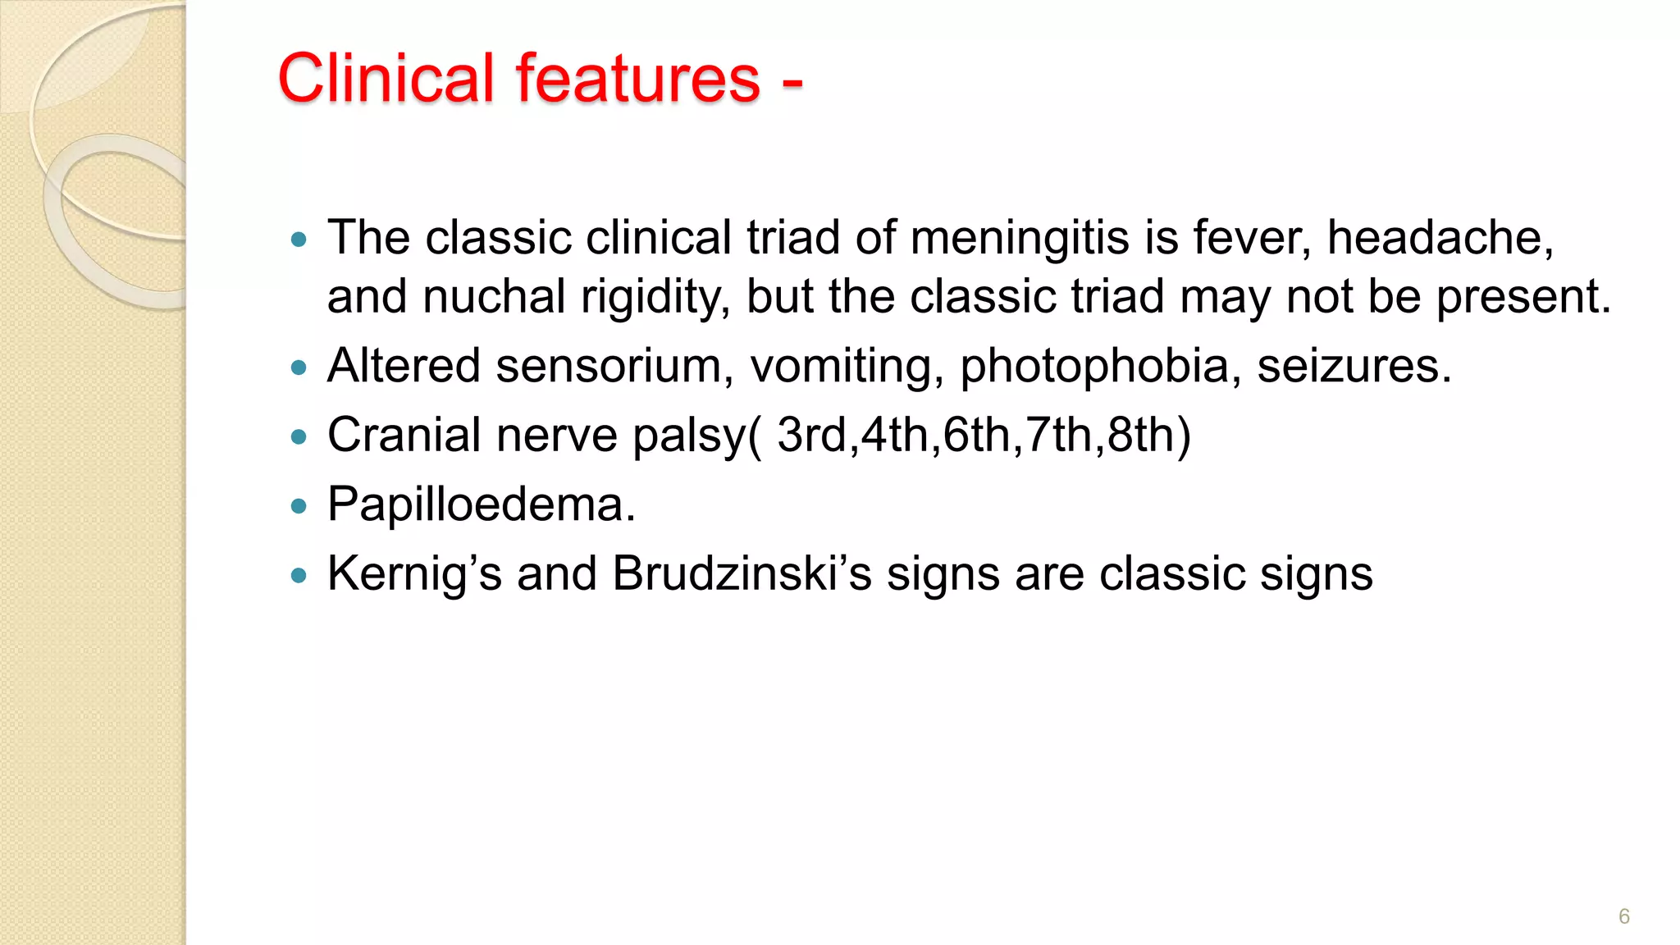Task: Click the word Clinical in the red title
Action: point(386,78)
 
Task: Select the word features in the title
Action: point(637,78)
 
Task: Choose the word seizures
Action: point(1354,366)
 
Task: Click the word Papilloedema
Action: point(481,504)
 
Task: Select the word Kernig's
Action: point(414,573)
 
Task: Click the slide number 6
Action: point(1623,916)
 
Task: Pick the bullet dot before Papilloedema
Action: point(299,506)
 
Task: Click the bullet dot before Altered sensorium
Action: point(299,367)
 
